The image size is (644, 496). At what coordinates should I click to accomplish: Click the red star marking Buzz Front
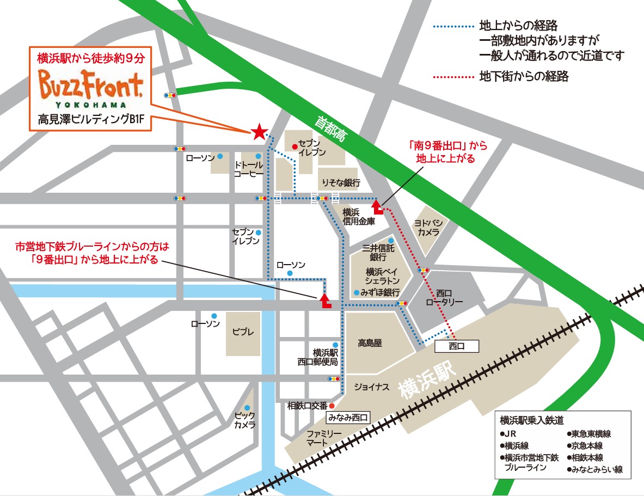(x=259, y=132)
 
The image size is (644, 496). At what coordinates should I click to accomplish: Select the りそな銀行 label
(x=341, y=182)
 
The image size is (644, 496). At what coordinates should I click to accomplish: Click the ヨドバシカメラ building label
(x=429, y=228)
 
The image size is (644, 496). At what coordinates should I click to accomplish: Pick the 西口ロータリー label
(x=444, y=297)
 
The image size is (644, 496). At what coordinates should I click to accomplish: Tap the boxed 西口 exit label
(x=456, y=346)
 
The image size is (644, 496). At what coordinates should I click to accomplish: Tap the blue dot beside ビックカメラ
(x=247, y=408)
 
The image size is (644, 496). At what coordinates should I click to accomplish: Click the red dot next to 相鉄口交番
(x=332, y=406)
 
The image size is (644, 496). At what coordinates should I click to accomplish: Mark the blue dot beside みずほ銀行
(x=356, y=292)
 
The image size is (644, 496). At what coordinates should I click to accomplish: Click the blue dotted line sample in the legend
(x=453, y=26)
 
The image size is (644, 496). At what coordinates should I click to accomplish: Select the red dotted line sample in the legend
(x=453, y=77)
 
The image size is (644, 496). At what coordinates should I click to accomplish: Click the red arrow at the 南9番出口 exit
(x=377, y=207)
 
